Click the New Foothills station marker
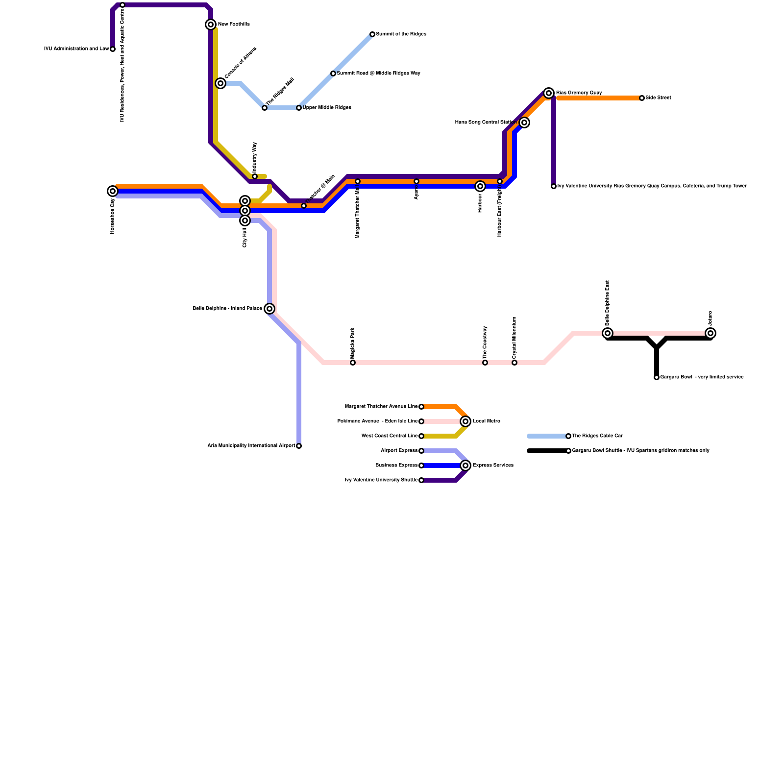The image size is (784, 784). tap(211, 24)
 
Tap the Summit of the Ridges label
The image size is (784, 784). tap(401, 34)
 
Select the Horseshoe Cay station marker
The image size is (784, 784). tap(113, 191)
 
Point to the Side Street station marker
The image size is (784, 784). tap(642, 98)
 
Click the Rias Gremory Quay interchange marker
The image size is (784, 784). tap(549, 93)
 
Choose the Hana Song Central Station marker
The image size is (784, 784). tap(524, 122)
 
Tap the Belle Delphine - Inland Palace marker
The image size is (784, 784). tap(269, 309)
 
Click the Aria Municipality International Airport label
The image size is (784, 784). tap(251, 446)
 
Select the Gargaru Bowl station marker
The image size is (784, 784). tap(657, 377)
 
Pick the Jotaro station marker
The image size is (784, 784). tap(710, 333)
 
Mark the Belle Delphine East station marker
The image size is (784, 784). tap(608, 333)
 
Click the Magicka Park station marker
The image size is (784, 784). tap(353, 363)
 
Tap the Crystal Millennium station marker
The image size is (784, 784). tap(514, 363)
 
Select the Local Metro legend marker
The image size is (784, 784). tap(465, 421)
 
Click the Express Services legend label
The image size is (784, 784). tap(493, 465)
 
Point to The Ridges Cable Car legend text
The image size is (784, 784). tap(597, 436)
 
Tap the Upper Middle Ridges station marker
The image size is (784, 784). tap(299, 108)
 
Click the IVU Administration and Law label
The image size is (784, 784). tap(76, 49)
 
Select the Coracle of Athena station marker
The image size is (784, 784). tap(220, 83)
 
